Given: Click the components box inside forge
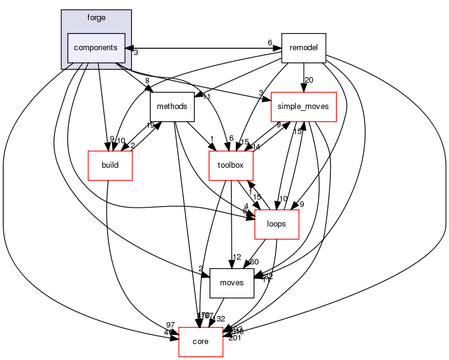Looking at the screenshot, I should [96, 48].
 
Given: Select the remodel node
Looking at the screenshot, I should [303, 48].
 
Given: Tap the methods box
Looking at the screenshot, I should [172, 107].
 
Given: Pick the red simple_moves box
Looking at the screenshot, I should [304, 107].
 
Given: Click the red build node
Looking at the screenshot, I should [110, 165].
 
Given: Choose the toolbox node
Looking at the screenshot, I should [231, 165].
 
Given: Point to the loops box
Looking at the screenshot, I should [276, 223].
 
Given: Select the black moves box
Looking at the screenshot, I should [232, 283].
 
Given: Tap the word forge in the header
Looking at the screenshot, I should [96, 18].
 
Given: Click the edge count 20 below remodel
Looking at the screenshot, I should [309, 80].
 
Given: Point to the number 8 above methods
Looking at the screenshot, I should [147, 80].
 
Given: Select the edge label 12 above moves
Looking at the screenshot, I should [237, 257].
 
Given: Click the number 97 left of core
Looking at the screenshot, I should [170, 324].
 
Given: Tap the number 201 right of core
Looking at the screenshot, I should [235, 339].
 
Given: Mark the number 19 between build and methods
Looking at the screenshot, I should [149, 126].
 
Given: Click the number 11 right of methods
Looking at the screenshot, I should [206, 97].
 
